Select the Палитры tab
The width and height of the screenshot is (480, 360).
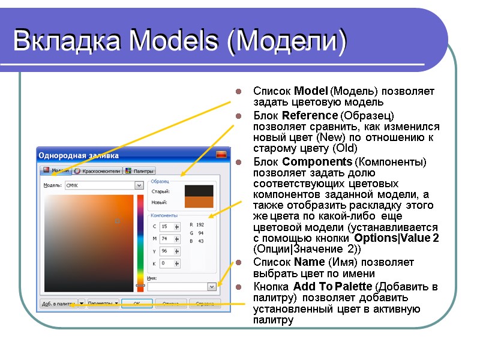(141, 171)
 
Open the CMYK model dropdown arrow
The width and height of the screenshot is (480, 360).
(139, 186)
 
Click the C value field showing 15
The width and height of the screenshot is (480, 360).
(166, 226)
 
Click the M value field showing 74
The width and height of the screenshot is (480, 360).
(166, 239)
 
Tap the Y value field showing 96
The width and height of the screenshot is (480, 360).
(166, 251)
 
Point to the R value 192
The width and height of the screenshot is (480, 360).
(200, 225)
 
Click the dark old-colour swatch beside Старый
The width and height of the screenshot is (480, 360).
(199, 191)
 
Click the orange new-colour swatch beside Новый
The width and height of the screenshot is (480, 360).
(199, 202)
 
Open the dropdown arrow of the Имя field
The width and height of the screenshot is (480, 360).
(211, 287)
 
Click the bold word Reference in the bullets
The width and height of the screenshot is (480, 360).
(310, 115)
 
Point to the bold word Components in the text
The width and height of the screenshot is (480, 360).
(317, 162)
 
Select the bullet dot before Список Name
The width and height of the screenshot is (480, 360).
(238, 263)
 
